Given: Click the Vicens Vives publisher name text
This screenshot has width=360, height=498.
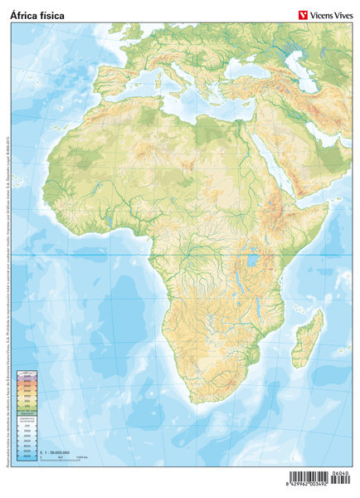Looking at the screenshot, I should pyautogui.click(x=331, y=14).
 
